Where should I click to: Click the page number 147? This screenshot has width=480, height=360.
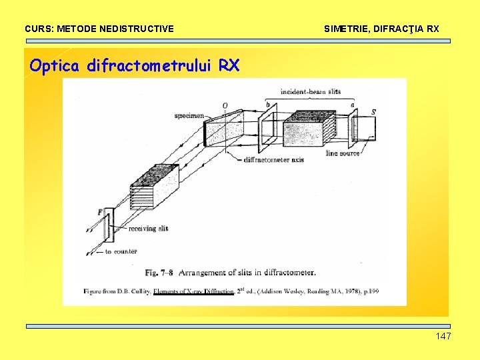pyautogui.click(x=443, y=336)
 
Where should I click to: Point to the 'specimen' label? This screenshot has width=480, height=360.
pyautogui.click(x=189, y=115)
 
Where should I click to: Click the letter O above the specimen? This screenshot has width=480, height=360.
pyautogui.click(x=225, y=105)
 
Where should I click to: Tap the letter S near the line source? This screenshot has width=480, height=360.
pyautogui.click(x=373, y=112)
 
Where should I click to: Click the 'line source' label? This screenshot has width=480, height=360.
pyautogui.click(x=343, y=153)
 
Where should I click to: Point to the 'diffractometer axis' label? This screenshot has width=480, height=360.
pyautogui.click(x=274, y=160)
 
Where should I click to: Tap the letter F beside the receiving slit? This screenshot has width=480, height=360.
pyautogui.click(x=100, y=212)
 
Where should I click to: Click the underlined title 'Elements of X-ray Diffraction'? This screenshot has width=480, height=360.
pyautogui.click(x=193, y=291)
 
